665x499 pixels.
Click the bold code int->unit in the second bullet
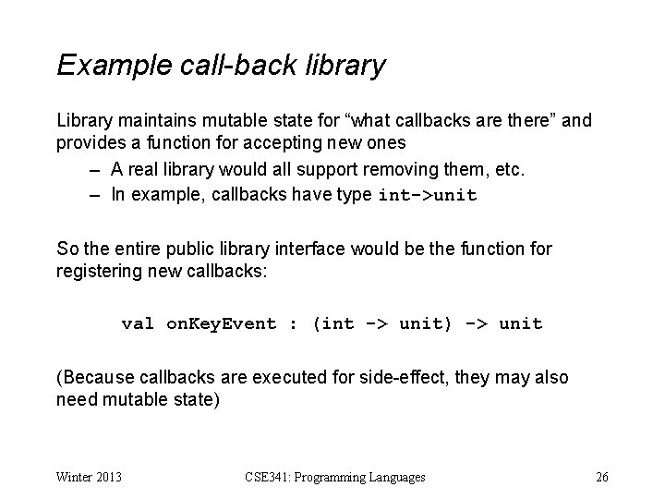coord(429,196)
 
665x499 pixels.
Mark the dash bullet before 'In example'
coord(94,196)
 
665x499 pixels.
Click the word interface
coord(331,248)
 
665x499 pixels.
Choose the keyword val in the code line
coord(138,323)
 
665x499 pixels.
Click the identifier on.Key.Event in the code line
coord(221,323)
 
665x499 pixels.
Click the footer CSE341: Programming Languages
coord(335,477)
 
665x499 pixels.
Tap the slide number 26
coord(602,477)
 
